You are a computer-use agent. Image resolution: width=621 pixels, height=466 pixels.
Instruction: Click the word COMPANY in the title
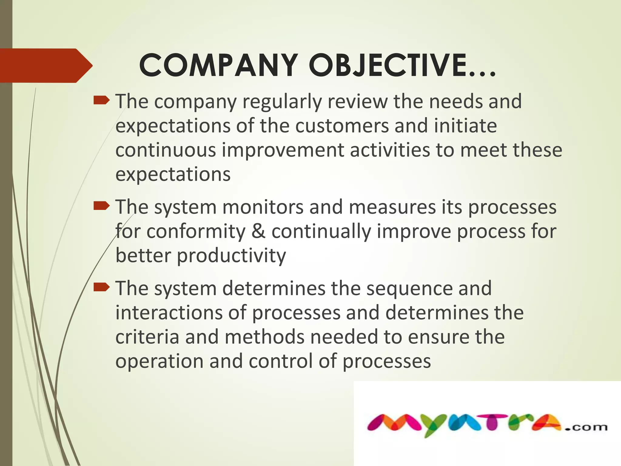pos(218,65)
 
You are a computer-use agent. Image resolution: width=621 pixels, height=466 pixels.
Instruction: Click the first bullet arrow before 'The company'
pos(101,100)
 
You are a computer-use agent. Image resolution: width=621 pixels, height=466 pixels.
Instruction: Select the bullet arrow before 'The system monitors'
pos(101,207)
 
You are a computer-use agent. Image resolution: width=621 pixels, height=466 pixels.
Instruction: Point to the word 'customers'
pos(342,126)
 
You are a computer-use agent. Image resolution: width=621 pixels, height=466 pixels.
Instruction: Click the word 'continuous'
pos(166,150)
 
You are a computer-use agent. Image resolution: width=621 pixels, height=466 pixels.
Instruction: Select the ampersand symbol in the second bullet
pos(258,231)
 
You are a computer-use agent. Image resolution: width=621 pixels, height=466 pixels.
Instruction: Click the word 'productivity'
pos(231,256)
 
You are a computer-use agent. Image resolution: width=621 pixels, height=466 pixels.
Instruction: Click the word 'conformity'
pos(196,232)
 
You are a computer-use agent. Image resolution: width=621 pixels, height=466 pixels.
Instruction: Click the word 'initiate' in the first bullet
pos(465,126)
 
